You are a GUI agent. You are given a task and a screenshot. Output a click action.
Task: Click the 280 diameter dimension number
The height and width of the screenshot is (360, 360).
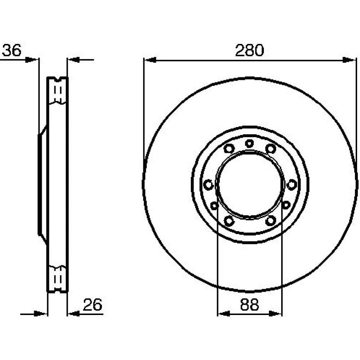point(249,50)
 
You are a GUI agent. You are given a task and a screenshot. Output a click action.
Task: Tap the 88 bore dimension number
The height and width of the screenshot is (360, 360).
point(249,305)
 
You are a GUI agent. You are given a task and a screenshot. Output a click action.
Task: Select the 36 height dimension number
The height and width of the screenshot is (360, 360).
point(12,50)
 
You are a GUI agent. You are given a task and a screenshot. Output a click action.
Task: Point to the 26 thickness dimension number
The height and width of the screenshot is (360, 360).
point(93,305)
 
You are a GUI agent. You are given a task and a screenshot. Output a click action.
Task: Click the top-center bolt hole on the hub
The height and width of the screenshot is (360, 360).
point(249,144)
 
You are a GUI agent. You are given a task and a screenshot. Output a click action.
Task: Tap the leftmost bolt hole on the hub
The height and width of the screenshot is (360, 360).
point(208,185)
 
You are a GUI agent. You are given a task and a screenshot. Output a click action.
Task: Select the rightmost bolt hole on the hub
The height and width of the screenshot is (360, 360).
point(292,185)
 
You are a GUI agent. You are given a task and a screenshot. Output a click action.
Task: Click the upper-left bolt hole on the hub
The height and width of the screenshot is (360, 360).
point(229,149)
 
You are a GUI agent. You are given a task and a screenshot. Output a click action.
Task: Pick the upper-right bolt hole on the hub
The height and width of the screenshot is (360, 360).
point(271,149)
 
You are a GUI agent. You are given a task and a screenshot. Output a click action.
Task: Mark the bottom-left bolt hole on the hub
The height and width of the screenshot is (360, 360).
point(229,221)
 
